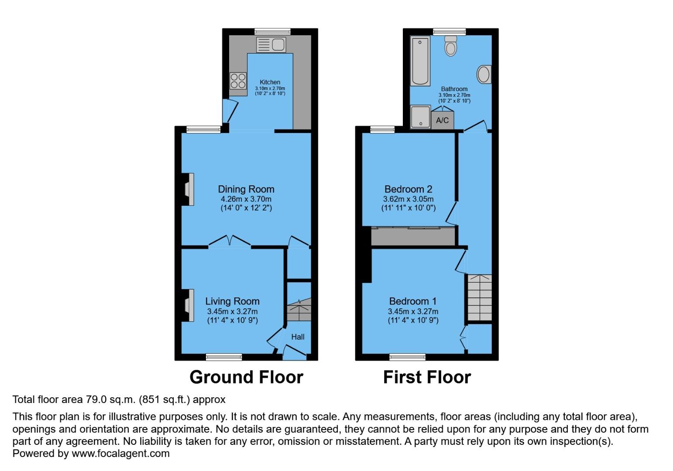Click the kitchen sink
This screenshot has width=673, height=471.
[x=271, y=44]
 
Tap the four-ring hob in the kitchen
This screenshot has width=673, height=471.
[x=238, y=81]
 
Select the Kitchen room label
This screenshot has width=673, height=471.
[x=270, y=82]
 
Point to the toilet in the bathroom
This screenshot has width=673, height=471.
[x=450, y=46]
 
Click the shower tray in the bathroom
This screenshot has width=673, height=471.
[x=421, y=117]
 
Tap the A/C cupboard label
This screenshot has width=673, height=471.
[x=442, y=120]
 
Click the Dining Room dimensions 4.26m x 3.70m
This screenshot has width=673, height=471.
[x=246, y=199]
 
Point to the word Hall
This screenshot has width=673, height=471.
[x=298, y=337]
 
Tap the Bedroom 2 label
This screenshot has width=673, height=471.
[x=408, y=189]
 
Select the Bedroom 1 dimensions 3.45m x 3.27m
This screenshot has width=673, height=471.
[x=413, y=311]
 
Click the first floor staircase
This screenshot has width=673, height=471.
[x=479, y=298]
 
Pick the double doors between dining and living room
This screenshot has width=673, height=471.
[x=229, y=242]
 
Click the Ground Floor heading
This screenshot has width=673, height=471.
[x=246, y=377]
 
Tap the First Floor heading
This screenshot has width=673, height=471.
[x=427, y=377]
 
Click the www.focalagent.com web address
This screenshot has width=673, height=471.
[x=120, y=453]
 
